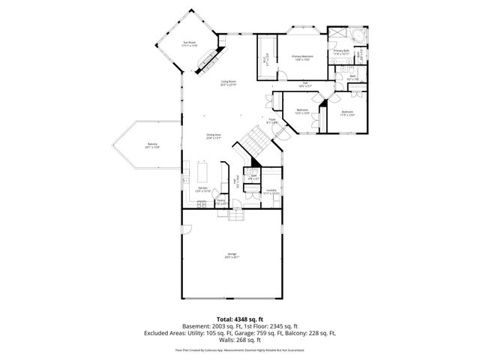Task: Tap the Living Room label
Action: (228, 83)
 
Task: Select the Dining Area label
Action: (213, 136)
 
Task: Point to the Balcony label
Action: (152, 146)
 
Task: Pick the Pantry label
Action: (221, 202)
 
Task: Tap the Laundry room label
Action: (271, 192)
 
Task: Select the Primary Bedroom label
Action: (302, 58)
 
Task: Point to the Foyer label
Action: (273, 121)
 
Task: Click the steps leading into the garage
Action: (236, 215)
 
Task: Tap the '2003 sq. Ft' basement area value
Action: (224, 326)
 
